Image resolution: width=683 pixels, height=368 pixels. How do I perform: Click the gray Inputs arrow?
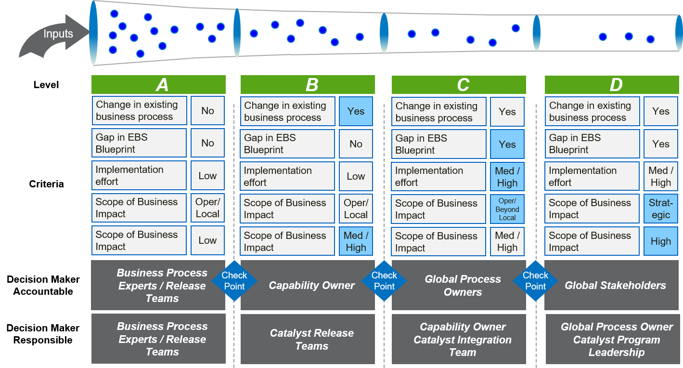pos(53,36)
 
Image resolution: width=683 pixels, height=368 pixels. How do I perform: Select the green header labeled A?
pos(158,85)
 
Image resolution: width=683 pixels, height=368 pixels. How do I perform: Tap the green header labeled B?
pos(308,85)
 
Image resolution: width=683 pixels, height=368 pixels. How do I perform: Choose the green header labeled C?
pos(459,85)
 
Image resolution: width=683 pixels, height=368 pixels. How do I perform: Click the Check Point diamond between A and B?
pos(234,280)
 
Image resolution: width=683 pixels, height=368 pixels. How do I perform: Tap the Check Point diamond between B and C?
pos(384,280)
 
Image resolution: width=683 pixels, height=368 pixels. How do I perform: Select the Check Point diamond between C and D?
pos(535,280)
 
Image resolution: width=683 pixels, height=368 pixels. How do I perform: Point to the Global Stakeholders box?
pos(615,286)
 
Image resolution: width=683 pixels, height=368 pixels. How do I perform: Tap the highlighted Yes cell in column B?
pos(356,111)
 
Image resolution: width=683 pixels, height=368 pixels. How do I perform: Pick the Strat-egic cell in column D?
pos(660,209)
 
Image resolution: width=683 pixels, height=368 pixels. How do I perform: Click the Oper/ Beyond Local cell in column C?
pos(507,209)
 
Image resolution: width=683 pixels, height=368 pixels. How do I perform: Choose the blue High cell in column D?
pos(660,241)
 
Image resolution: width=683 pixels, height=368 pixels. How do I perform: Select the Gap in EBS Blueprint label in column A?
pos(139,143)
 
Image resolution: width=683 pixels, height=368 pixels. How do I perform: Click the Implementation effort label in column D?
pos(592,176)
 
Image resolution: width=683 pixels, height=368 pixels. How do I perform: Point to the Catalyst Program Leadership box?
pos(616,340)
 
